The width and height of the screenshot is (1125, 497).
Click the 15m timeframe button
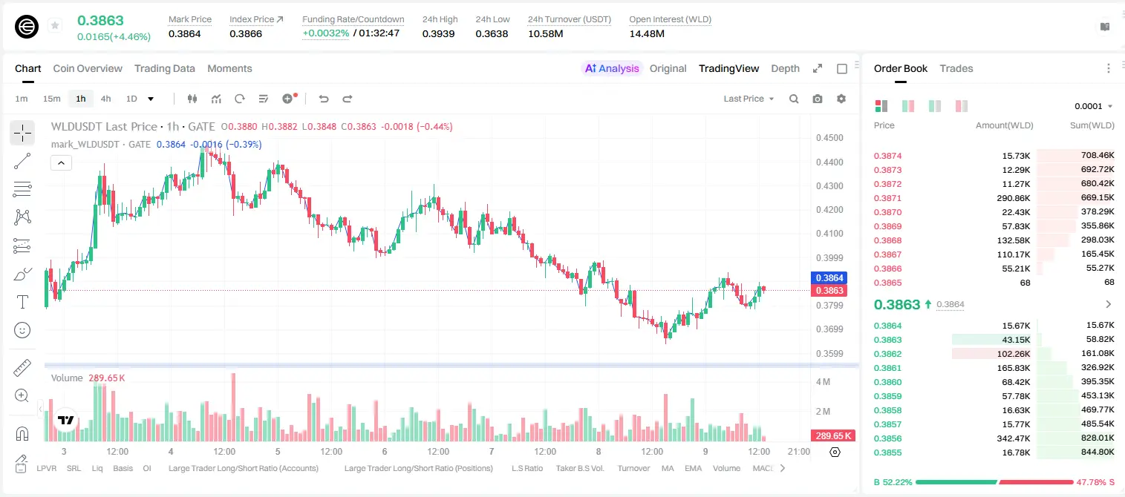point(51,99)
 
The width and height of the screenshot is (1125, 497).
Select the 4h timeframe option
point(105,99)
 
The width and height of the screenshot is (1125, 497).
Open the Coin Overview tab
point(88,68)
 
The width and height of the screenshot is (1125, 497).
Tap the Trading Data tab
point(164,68)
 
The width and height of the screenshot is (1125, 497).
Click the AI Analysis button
point(612,68)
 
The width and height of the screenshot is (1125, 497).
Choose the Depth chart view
point(785,68)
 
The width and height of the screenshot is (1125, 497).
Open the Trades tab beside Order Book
point(956,68)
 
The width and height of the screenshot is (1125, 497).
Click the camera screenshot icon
point(818,99)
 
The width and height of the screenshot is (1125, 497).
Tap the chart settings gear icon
point(841,99)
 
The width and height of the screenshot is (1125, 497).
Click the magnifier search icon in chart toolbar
point(794,99)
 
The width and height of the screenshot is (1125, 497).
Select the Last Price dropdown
point(749,99)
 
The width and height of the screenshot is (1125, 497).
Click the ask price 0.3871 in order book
point(887,198)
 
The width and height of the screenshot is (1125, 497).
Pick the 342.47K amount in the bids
point(1013,438)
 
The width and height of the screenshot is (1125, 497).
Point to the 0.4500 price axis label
point(829,138)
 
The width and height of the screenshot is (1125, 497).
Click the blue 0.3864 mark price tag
point(829,278)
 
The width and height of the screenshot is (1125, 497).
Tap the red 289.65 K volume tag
point(833,436)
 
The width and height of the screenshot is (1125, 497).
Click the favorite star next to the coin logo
point(55,25)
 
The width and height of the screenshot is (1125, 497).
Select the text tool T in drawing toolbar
point(22,302)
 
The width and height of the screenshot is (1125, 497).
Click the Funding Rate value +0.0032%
point(325,33)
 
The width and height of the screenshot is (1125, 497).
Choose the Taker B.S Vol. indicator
point(579,468)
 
